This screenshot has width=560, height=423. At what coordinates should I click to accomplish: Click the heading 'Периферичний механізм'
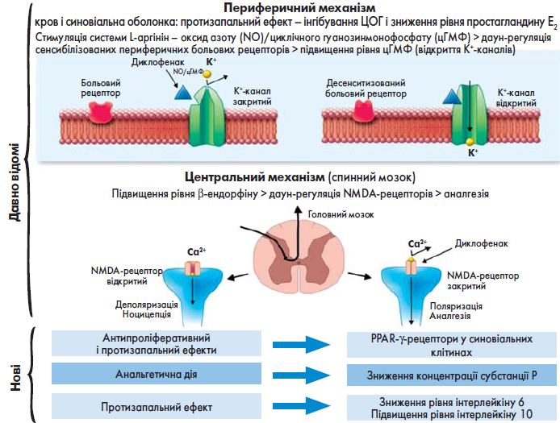pyautogui.click(x=299, y=7)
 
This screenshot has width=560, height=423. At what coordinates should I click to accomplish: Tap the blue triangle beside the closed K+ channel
pyautogui.click(x=183, y=92)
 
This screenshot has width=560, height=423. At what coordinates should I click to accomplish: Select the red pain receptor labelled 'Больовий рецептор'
pyautogui.click(x=100, y=112)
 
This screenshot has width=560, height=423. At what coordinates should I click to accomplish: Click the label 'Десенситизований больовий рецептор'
pyautogui.click(x=366, y=89)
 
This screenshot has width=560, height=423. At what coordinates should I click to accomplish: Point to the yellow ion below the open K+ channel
pyautogui.click(x=470, y=142)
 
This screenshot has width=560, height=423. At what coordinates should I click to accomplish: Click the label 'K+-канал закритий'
pyautogui.click(x=252, y=97)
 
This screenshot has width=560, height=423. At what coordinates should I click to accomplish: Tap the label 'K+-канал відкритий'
pyautogui.click(x=516, y=98)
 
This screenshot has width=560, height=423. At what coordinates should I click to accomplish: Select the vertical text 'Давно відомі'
pyautogui.click(x=15, y=182)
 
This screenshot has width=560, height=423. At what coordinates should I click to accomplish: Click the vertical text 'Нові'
pyautogui.click(x=15, y=377)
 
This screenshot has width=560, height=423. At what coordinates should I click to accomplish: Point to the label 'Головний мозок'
pyautogui.click(x=341, y=214)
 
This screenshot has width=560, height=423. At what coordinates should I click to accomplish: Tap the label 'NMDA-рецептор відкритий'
pyautogui.click(x=127, y=276)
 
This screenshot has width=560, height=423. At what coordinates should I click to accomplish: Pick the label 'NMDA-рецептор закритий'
pyautogui.click(x=483, y=280)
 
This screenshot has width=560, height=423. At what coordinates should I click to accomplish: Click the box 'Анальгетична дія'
pyautogui.click(x=157, y=374)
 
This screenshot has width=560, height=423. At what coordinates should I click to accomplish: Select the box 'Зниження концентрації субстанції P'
pyautogui.click(x=452, y=375)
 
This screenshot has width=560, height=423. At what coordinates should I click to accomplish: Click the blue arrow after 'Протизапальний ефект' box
pyautogui.click(x=302, y=406)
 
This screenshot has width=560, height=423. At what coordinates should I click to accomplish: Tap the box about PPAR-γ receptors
pyautogui.click(x=452, y=345)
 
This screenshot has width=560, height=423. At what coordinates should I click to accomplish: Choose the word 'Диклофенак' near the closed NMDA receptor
pyautogui.click(x=481, y=243)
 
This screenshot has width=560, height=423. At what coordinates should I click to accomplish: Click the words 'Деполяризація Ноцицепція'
pyautogui.click(x=146, y=309)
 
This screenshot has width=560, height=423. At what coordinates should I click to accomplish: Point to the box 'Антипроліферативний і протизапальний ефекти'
pyautogui.click(x=157, y=343)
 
